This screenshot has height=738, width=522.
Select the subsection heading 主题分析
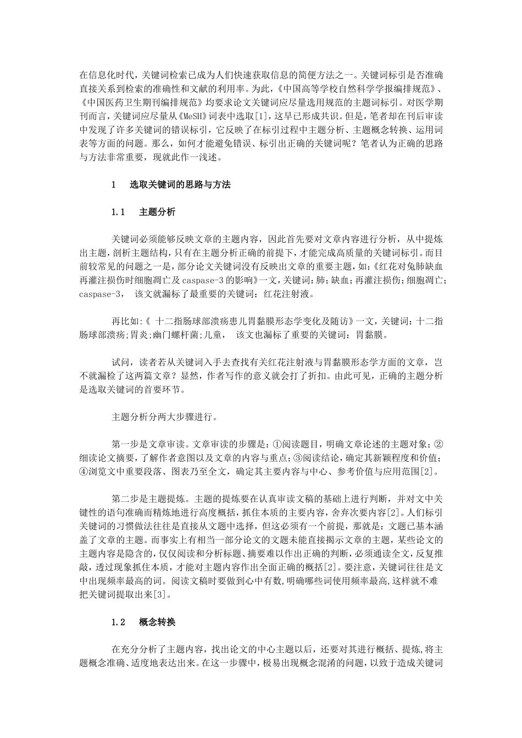(x=158, y=211)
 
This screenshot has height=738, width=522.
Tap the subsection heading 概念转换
(x=158, y=622)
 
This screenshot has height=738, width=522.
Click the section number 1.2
(x=119, y=622)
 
